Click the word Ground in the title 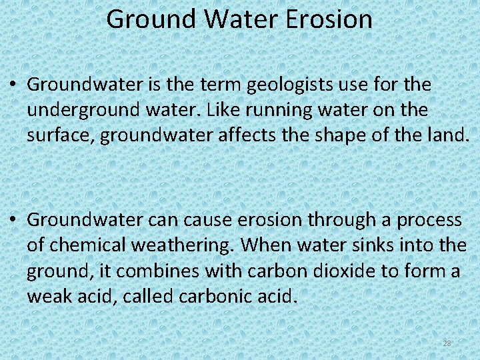point(151,19)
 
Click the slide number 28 point(447,343)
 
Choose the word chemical point(85,245)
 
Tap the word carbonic point(219,296)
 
